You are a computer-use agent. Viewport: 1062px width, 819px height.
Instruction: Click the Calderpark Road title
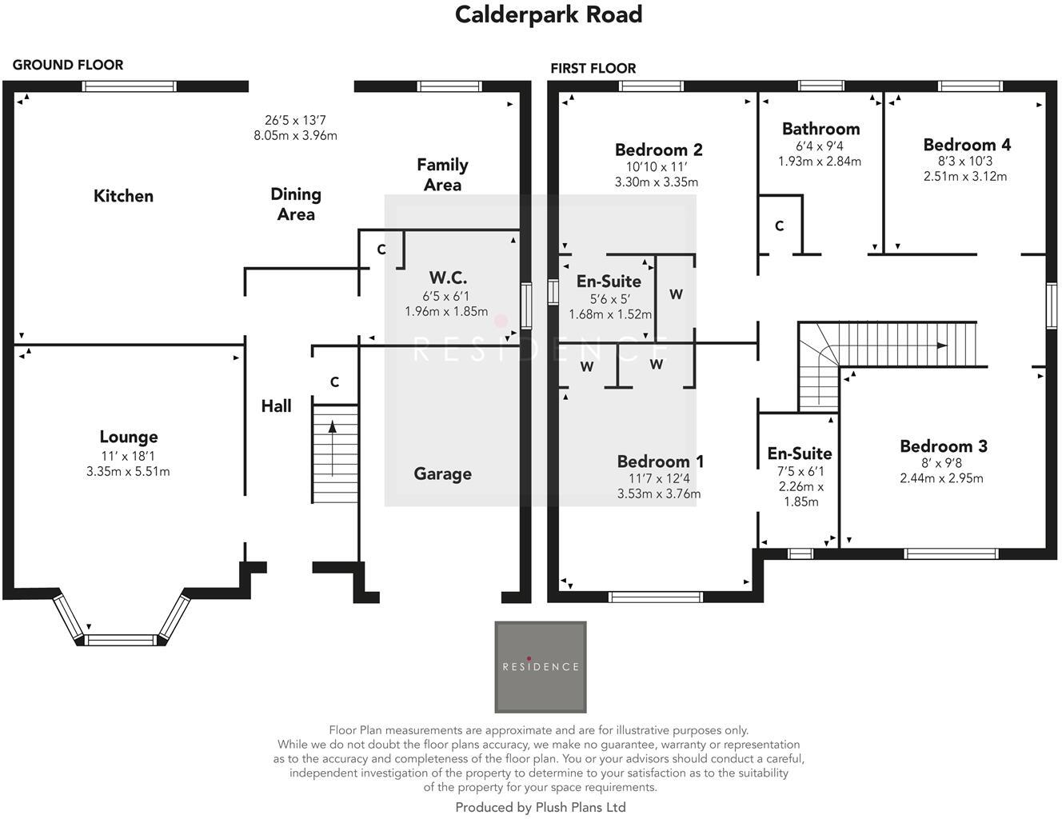(x=549, y=14)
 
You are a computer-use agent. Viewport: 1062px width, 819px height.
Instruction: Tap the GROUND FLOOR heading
(x=68, y=65)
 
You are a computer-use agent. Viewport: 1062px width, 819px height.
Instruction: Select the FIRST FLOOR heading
(x=593, y=68)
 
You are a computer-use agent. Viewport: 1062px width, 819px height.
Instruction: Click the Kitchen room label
(x=123, y=196)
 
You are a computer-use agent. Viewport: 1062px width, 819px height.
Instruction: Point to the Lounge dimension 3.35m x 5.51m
(x=128, y=471)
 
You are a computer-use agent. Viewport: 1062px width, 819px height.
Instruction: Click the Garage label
(x=442, y=473)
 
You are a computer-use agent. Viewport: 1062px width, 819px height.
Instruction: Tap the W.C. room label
(x=448, y=278)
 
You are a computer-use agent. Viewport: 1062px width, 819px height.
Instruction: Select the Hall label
(x=276, y=406)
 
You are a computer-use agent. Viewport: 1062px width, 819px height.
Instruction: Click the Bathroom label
(x=820, y=129)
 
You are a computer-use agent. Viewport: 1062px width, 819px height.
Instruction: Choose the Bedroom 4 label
(x=966, y=145)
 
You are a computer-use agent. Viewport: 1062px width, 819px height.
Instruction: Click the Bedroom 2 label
(x=658, y=150)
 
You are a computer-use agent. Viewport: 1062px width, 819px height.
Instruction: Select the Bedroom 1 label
(x=660, y=461)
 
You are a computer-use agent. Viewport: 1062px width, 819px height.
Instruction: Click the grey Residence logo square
(x=541, y=667)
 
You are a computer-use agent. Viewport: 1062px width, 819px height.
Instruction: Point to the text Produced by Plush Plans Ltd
(x=541, y=807)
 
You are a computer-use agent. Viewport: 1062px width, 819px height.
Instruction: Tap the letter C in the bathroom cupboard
(x=779, y=226)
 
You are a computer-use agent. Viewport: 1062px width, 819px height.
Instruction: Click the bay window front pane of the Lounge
(x=122, y=639)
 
